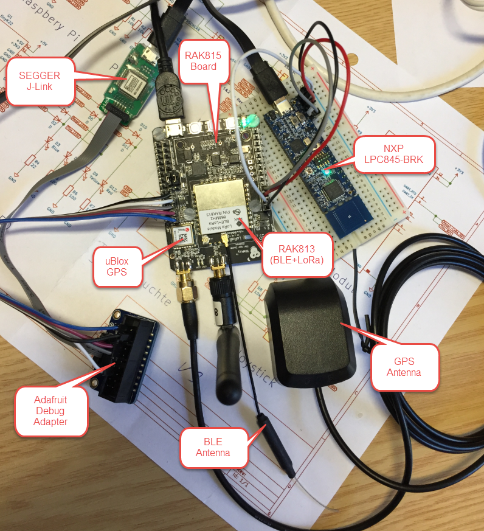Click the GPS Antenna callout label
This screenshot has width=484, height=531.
pyautogui.click(x=404, y=367)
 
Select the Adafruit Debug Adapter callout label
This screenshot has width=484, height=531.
pyautogui.click(x=50, y=410)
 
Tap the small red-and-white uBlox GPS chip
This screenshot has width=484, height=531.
pyautogui.click(x=182, y=234)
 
